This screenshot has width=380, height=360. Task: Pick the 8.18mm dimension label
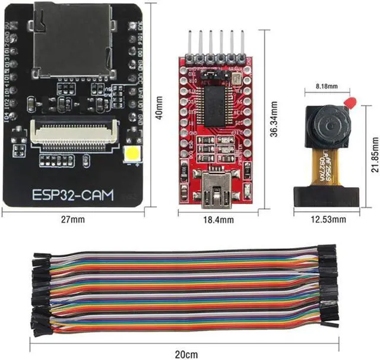(324, 87)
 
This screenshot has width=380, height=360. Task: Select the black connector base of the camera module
(329, 194)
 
